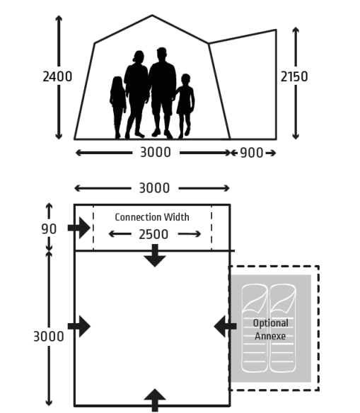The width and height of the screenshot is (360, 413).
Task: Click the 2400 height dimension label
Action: pyautogui.click(x=57, y=77)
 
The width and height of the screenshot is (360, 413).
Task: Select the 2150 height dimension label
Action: pyautogui.click(x=294, y=76)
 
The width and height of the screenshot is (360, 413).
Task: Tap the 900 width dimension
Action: pyautogui.click(x=252, y=153)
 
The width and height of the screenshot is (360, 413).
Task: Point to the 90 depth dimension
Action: pyautogui.click(x=49, y=229)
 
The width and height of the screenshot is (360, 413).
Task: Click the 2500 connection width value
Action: pyautogui.click(x=153, y=234)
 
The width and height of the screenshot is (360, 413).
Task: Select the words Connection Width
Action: pyautogui.click(x=152, y=217)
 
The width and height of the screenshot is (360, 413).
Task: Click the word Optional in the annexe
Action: pyautogui.click(x=270, y=323)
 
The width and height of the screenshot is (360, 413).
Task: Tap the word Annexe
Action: pyautogui.click(x=270, y=336)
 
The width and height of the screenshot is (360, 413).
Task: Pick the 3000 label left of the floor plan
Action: pyautogui.click(x=49, y=337)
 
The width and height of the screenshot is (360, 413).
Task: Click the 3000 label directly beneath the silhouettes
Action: pyautogui.click(x=156, y=152)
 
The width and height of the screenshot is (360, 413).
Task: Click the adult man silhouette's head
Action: pyautogui.click(x=162, y=54)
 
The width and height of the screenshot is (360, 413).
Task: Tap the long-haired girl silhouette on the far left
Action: pyautogui.click(x=117, y=107)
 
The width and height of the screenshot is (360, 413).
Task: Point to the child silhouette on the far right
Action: pyautogui.click(x=185, y=106)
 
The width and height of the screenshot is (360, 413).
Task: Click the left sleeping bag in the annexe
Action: pyautogui.click(x=254, y=328)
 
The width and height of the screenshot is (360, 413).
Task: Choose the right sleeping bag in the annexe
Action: pyautogui.click(x=283, y=328)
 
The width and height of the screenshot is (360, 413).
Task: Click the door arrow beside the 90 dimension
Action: pyautogui.click(x=79, y=228)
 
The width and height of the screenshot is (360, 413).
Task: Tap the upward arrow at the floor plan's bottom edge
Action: pyautogui.click(x=155, y=400)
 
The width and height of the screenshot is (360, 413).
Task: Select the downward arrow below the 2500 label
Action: pyautogui.click(x=155, y=255)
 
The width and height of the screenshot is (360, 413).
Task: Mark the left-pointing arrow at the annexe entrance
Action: pyautogui.click(x=225, y=326)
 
